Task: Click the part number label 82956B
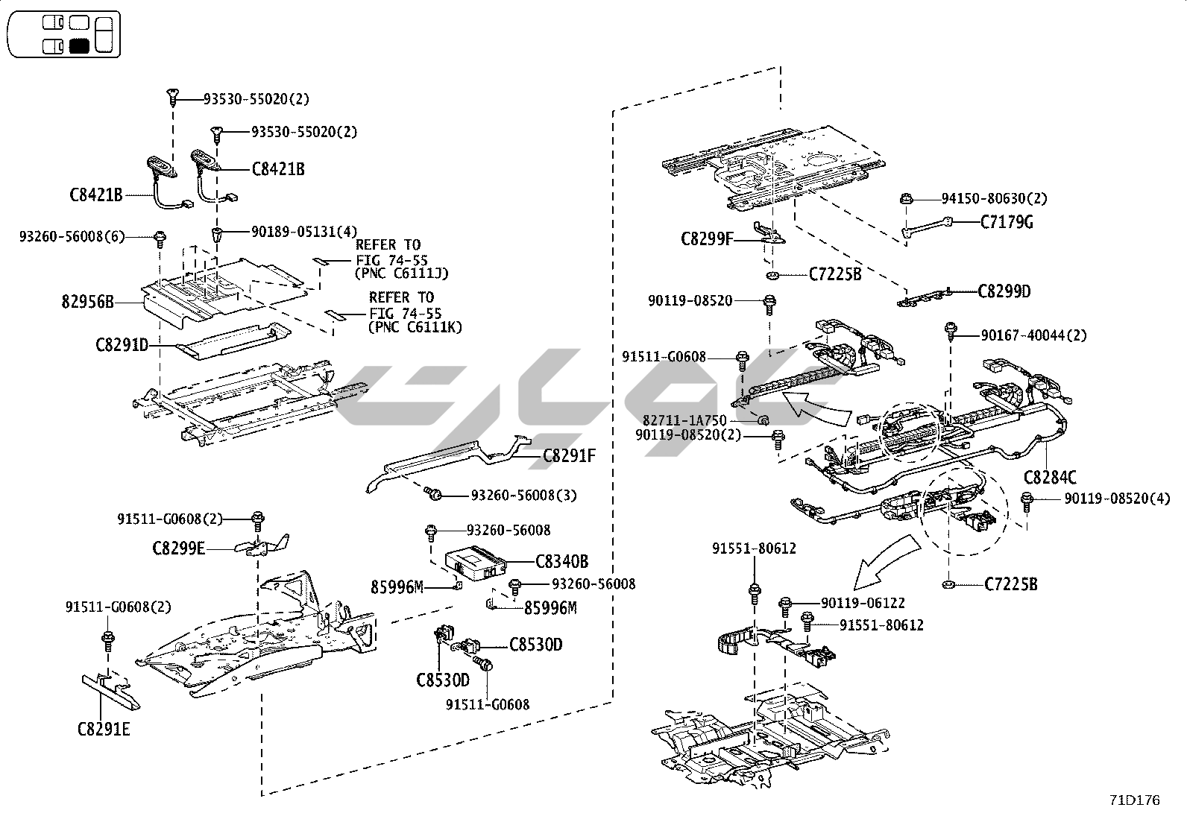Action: coord(88,303)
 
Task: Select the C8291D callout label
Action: coord(122,345)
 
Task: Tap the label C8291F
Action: coord(570,455)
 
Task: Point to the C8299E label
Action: coord(178,549)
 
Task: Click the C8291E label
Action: coord(104,729)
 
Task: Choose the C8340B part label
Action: coord(562,561)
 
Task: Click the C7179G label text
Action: coord(1007,222)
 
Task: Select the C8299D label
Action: coord(1004,291)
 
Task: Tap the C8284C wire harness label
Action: coord(1050,478)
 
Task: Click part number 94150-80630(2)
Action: coord(994,199)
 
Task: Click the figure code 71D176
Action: coord(1134,801)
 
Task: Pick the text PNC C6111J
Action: coord(403,273)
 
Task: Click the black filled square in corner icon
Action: coord(79,45)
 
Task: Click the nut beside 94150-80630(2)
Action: coord(907,199)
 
